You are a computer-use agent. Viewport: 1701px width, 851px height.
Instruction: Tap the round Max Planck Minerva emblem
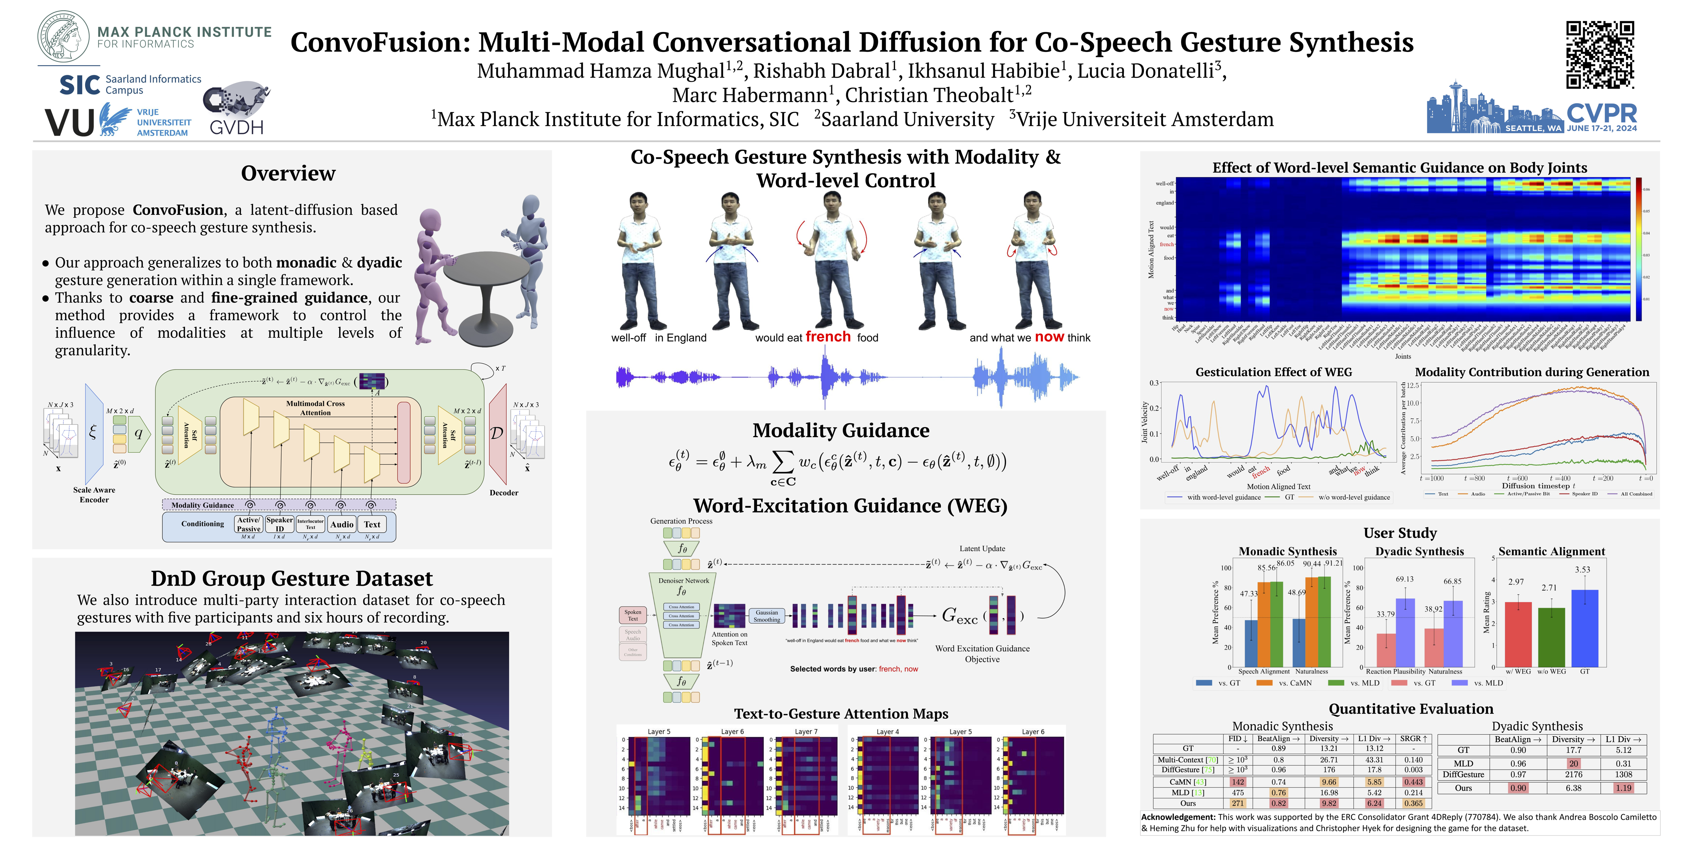[x=64, y=37]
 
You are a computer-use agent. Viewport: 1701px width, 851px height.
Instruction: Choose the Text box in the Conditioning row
[x=372, y=525]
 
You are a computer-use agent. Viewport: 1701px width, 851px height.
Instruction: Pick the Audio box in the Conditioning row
[x=342, y=525]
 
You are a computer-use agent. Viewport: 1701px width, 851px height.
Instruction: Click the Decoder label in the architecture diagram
[x=504, y=493]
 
